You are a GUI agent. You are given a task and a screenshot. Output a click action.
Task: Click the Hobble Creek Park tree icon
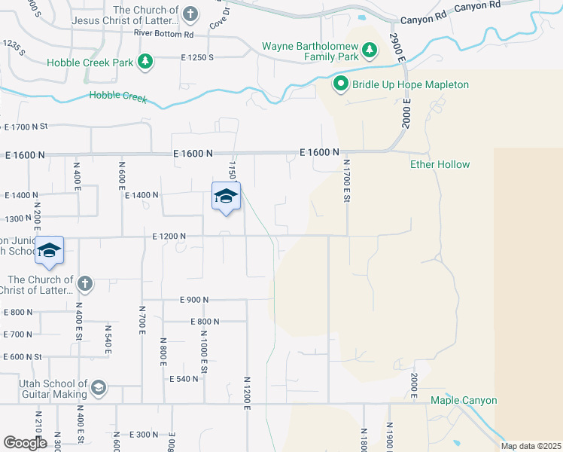click(145, 62)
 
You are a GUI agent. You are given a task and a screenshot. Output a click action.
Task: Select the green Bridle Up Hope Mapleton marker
click(340, 84)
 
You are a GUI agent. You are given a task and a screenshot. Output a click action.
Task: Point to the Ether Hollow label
click(440, 164)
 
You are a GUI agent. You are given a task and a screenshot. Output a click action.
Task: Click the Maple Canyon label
click(464, 400)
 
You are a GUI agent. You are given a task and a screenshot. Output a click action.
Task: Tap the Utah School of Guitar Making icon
click(98, 388)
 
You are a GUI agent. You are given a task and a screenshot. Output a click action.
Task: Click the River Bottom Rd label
click(163, 34)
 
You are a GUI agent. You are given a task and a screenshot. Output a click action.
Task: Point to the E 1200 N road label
click(169, 236)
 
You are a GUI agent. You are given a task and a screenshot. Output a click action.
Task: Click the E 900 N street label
click(194, 299)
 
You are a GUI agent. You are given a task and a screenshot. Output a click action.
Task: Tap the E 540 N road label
click(184, 378)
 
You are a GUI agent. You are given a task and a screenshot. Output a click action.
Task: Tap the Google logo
click(25, 443)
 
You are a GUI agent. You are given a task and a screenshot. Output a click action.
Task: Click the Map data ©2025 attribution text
click(531, 446)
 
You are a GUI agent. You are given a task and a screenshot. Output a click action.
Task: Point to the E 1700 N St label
click(26, 127)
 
